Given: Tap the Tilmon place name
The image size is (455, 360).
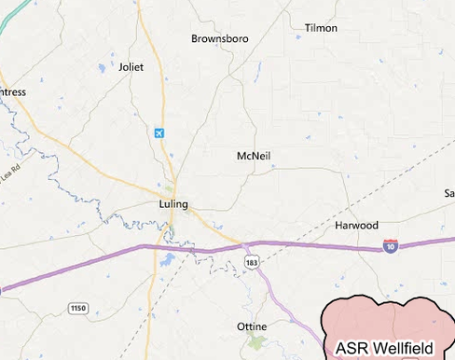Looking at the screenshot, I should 321,28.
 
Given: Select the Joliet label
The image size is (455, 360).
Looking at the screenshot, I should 131,66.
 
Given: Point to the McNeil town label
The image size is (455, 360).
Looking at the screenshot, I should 254,156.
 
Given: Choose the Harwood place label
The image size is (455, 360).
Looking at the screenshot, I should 356,226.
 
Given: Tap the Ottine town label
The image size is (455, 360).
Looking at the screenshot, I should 253,326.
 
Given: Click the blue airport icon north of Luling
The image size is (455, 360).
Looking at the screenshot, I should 160,133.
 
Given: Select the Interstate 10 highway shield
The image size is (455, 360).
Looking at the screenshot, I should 390,246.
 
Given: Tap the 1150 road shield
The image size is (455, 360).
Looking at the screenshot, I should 77,307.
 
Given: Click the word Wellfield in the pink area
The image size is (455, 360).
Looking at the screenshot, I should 401,349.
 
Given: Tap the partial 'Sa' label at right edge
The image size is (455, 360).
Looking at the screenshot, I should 448,193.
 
